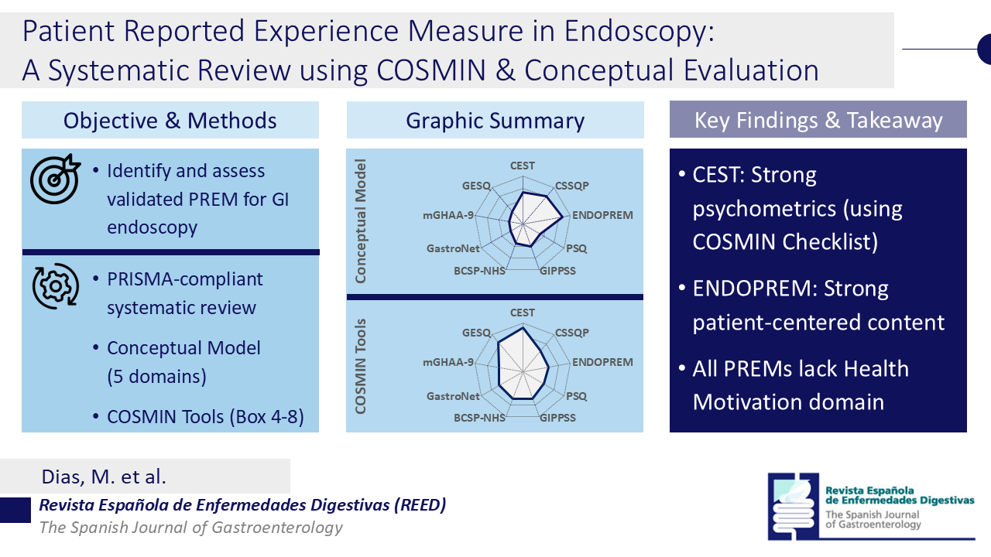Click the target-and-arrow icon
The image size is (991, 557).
[x=55, y=179]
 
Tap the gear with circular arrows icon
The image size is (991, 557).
[x=55, y=286]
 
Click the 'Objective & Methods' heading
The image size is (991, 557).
[x=170, y=121]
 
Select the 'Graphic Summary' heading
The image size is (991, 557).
[x=495, y=121]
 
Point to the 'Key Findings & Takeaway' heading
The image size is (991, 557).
[x=818, y=120]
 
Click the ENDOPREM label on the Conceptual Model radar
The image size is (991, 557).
[x=602, y=215]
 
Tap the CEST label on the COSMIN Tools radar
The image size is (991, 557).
[x=523, y=313]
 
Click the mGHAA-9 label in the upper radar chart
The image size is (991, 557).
[x=448, y=215]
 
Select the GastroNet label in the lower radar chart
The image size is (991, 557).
[x=453, y=396]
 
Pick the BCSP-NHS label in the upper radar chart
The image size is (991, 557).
[x=479, y=271]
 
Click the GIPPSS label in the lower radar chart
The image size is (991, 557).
[x=558, y=418]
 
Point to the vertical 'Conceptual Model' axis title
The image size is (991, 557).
[x=361, y=221]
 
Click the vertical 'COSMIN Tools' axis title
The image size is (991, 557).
[x=361, y=367]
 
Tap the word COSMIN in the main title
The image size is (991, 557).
[x=431, y=70]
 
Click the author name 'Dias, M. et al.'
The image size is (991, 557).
[x=104, y=477]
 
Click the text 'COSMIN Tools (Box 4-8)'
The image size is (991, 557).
[x=205, y=416]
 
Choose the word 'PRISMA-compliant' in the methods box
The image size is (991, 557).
[x=185, y=279]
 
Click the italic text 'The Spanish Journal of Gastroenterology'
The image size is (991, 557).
[x=190, y=528]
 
